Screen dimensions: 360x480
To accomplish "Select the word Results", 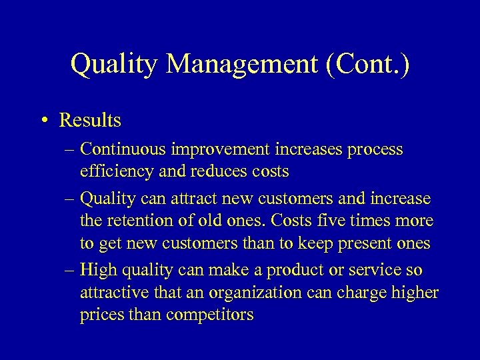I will (90, 120).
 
